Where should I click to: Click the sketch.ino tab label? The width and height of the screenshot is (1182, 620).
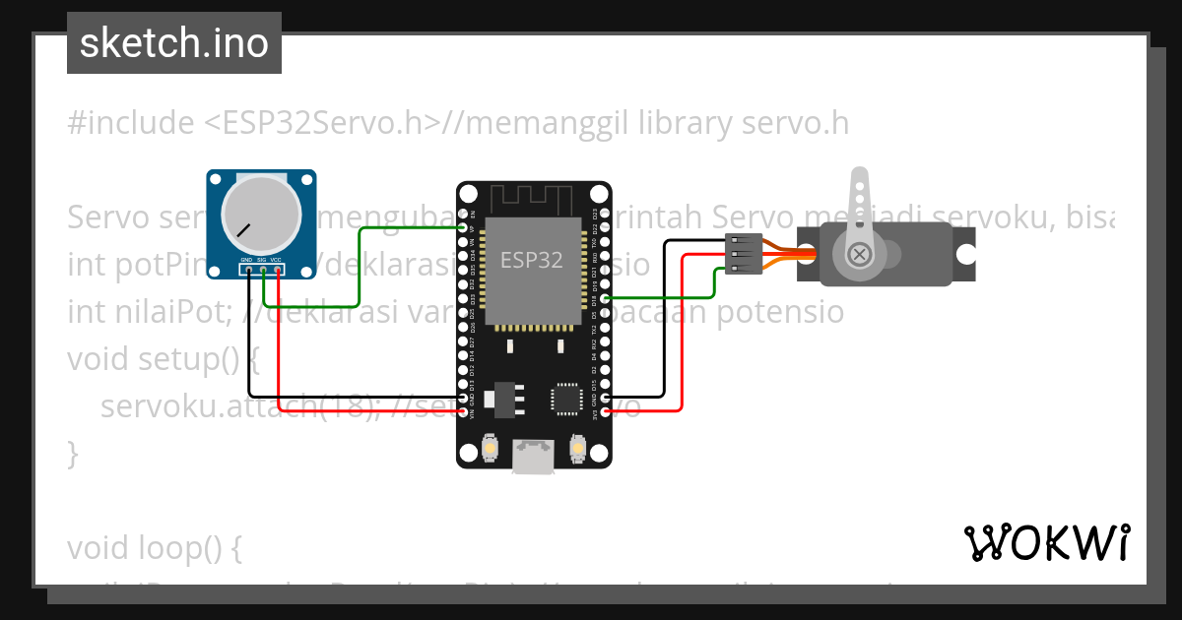pos(174,43)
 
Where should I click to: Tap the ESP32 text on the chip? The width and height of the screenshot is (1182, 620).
pos(532,260)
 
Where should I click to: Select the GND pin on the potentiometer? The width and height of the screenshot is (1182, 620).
pos(249,269)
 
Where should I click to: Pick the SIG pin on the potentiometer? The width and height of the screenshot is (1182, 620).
pos(264,269)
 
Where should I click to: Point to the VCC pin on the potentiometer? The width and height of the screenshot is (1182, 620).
pos(279,269)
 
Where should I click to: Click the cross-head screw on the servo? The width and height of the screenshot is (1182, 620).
pos(860,254)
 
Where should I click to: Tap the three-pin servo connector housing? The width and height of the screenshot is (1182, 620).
pos(742,253)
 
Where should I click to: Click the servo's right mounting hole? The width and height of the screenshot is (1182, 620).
pos(966,253)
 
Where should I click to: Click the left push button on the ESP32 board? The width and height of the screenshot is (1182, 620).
pos(490,450)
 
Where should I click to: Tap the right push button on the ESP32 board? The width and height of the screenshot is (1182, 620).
pos(578,450)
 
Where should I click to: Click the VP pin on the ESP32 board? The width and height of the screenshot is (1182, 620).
pos(463,227)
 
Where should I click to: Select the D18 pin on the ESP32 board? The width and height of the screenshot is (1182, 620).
pos(605,298)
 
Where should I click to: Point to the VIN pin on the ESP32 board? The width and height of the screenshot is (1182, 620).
pos(463,411)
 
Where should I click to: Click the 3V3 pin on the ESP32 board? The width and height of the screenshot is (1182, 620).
pos(605,411)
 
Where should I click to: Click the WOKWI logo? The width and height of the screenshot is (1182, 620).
pos(1046,542)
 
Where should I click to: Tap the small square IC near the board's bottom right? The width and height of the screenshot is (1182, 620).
pos(566,397)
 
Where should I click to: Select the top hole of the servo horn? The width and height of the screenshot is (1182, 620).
pos(856,183)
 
